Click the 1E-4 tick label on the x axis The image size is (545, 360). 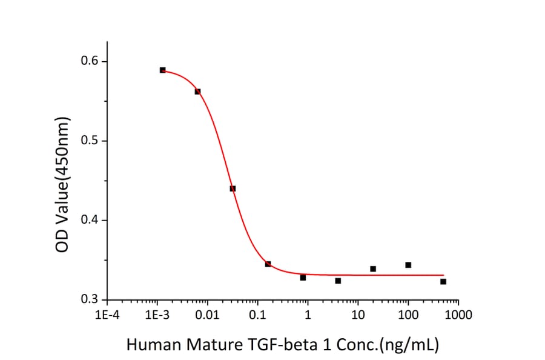(107, 315)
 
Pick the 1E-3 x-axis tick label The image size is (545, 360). (157, 315)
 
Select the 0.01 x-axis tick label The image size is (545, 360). (207, 315)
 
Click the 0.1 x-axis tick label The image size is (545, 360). (257, 315)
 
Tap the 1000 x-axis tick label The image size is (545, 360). (458, 315)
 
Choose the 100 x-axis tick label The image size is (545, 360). (408, 315)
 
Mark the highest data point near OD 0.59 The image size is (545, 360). (162, 70)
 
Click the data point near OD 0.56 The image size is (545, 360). (197, 92)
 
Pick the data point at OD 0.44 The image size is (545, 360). (233, 188)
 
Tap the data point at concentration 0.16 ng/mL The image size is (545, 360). (268, 264)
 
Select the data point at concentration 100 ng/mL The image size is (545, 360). (408, 265)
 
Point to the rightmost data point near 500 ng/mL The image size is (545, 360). (443, 282)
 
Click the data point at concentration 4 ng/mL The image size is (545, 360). (338, 281)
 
